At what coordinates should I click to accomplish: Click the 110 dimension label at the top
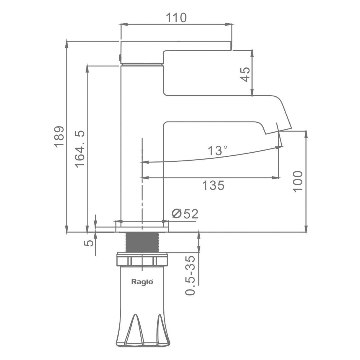coord(176,17)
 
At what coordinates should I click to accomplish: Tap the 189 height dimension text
coord(59,137)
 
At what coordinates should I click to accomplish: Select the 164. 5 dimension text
coord(80,149)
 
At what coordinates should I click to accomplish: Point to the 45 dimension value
coord(245,74)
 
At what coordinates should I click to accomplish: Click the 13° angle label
coord(217,150)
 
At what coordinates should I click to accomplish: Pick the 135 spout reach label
coord(213,186)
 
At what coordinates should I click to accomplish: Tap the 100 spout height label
coord(298,181)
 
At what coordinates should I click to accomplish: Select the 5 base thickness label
coord(89,243)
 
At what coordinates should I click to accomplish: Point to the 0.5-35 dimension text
coord(190,275)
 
